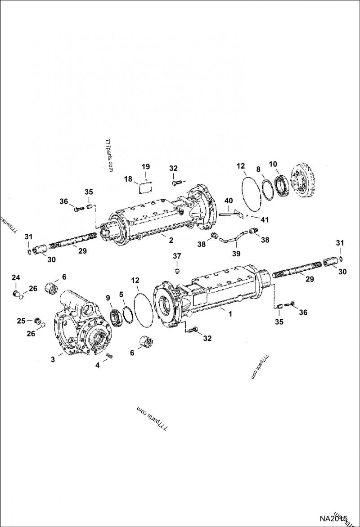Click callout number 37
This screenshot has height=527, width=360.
pyautogui.click(x=177, y=256)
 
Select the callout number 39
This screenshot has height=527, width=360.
pyautogui.click(x=236, y=253)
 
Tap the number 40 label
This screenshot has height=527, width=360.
pyautogui.click(x=229, y=201)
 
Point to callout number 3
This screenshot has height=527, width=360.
pyautogui.click(x=54, y=360)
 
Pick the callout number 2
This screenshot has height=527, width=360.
pyautogui.click(x=171, y=240)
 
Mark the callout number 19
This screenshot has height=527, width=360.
pyautogui.click(x=145, y=167)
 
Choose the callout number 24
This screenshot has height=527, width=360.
pyautogui.click(x=16, y=277)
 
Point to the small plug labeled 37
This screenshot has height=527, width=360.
pyautogui.click(x=177, y=270)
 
